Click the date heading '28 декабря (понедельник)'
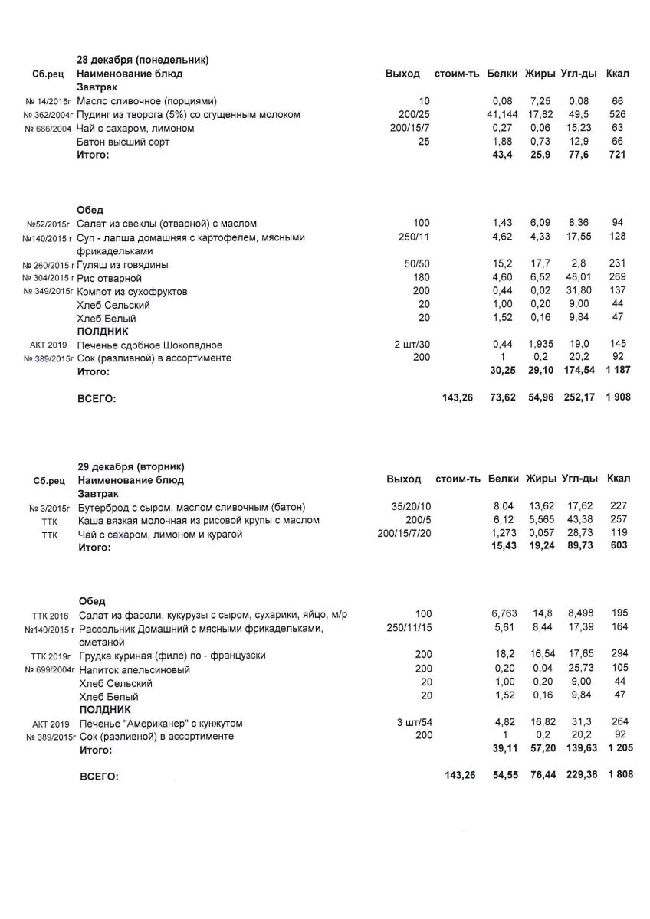(x=143, y=60)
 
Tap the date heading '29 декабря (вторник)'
(x=131, y=466)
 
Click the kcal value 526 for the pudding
(x=618, y=115)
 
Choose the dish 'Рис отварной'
(x=110, y=279)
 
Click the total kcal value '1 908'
(x=617, y=397)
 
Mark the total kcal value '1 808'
(x=619, y=776)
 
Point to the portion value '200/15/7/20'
(x=405, y=535)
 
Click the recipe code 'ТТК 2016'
(x=50, y=615)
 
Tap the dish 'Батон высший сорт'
(x=123, y=142)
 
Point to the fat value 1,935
(x=540, y=345)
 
